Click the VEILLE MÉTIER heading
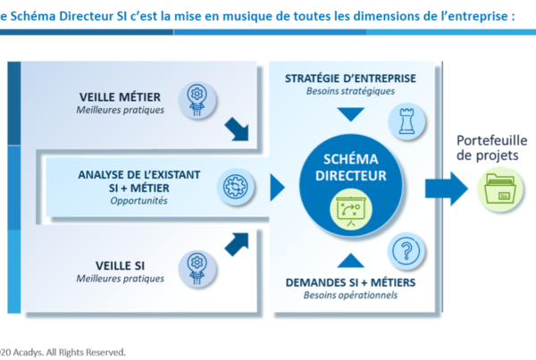[x=120, y=97]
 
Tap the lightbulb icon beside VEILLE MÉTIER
[x=197, y=100]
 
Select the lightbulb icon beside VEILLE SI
[x=197, y=269]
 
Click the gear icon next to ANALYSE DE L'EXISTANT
[x=235, y=187]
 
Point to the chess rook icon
[x=406, y=121]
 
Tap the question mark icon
[x=406, y=251]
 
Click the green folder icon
[x=500, y=188]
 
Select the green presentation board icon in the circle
[x=351, y=209]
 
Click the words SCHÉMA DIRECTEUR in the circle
[x=351, y=167]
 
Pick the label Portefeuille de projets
[x=492, y=147]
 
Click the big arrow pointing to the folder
[x=447, y=188]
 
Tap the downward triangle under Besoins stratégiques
[x=351, y=114]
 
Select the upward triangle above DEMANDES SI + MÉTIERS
[x=351, y=260]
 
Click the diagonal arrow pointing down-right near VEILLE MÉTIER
[x=237, y=129]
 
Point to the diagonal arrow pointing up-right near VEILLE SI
[x=237, y=244]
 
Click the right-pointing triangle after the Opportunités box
[x=277, y=188]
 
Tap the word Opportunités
[x=138, y=201]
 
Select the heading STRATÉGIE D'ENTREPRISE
[x=350, y=79]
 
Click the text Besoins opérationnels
[x=350, y=295]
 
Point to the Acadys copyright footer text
[x=63, y=352]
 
